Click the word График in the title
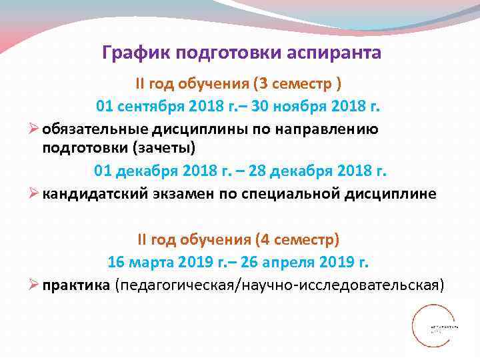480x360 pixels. (131, 53)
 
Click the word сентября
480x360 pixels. (149, 106)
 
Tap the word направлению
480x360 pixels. (331, 129)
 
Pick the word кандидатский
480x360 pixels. (93, 193)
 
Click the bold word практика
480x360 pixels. (77, 285)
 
